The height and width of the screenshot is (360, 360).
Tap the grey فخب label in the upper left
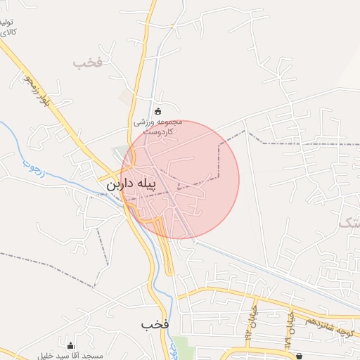pos(88,63)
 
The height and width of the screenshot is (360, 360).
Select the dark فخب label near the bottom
pos(155,324)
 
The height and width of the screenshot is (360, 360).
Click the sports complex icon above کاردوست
pos(157,110)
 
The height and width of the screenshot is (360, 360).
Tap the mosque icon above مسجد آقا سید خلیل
pos(70,346)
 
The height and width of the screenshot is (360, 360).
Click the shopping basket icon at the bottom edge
pos(300,356)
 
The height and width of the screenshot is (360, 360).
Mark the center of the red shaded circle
pos(180,179)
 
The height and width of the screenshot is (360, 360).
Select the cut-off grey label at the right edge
pos(349,224)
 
